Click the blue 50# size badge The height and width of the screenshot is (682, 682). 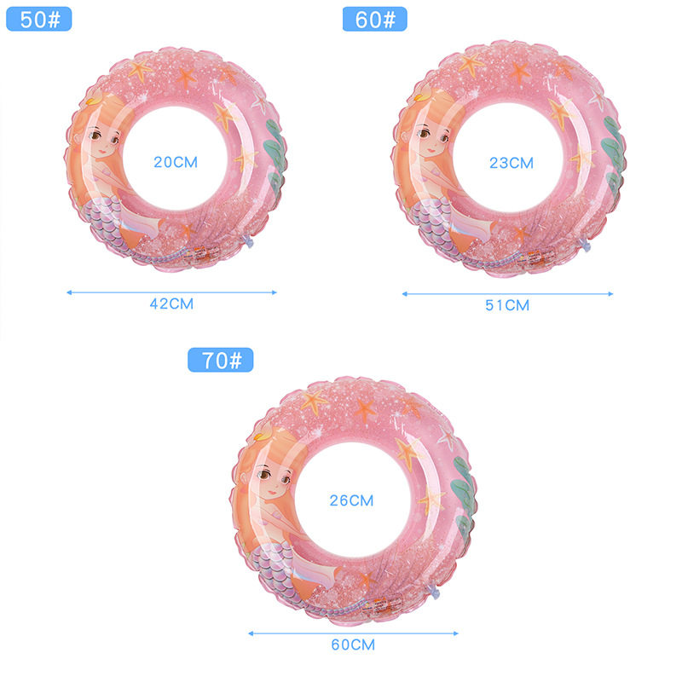pyautogui.click(x=38, y=19)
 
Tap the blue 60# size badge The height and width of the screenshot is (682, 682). pyautogui.click(x=375, y=19)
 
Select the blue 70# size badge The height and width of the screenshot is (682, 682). pyautogui.click(x=221, y=360)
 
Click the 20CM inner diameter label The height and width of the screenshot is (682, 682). pyautogui.click(x=176, y=162)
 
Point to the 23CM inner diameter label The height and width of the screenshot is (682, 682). pyautogui.click(x=511, y=163)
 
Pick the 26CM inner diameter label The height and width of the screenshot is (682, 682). pyautogui.click(x=351, y=500)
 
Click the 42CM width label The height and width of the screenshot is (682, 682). pyautogui.click(x=172, y=303)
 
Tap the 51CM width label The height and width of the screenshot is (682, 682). pyautogui.click(x=507, y=305)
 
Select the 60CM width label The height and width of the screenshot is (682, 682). pyautogui.click(x=353, y=644)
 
